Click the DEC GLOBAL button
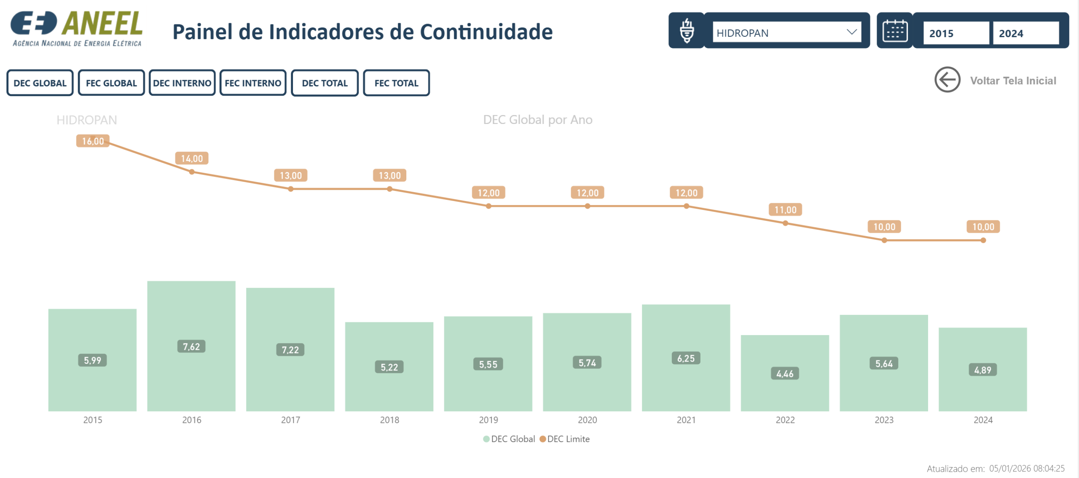click(40, 83)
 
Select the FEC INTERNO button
click(253, 83)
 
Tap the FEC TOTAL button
click(396, 83)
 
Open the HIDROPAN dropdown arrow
click(851, 32)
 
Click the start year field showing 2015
click(955, 33)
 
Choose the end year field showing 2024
click(1025, 33)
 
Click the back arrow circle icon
click(947, 80)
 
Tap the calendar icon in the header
click(894, 31)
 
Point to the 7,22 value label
click(290, 350)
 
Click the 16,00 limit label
click(93, 141)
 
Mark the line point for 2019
click(489, 206)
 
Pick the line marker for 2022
click(785, 223)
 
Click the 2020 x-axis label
click(587, 420)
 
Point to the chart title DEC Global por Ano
click(537, 120)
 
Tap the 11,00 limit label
click(785, 210)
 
